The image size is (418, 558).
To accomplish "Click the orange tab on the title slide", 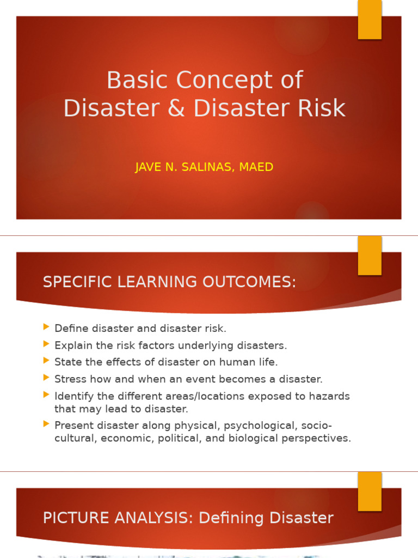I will [370, 20].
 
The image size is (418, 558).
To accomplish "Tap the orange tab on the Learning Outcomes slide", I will [370, 256].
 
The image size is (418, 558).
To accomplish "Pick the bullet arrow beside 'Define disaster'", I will [46, 327].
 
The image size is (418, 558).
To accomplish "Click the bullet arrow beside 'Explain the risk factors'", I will [46, 344].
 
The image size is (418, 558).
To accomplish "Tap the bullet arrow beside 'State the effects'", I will [46, 360].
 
